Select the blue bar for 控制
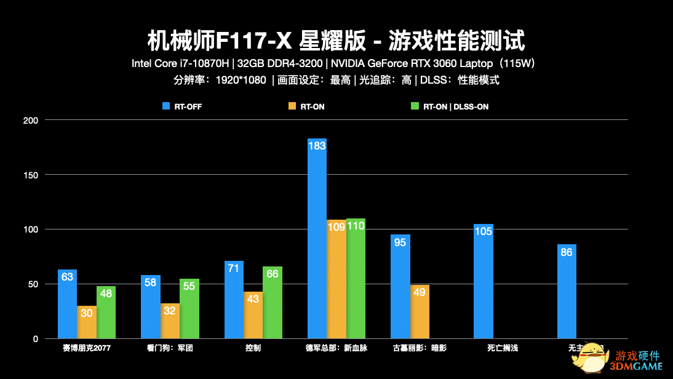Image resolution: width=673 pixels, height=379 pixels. pyautogui.click(x=234, y=300)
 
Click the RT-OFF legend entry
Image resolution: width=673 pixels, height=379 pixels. pyautogui.click(x=182, y=106)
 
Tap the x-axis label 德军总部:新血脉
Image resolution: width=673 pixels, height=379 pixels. pyautogui.click(x=336, y=348)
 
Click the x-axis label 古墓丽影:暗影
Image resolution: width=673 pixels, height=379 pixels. pyautogui.click(x=420, y=348)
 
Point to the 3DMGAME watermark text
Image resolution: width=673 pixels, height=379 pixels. pyautogui.click(x=637, y=367)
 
